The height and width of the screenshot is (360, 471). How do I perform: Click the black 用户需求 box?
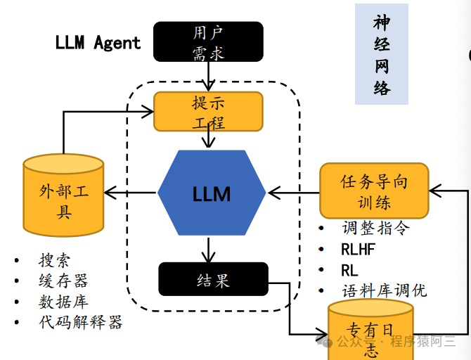pos(208,41)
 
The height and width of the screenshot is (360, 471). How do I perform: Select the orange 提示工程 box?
pos(208,111)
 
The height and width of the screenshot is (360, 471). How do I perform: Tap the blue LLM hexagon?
pos(212,193)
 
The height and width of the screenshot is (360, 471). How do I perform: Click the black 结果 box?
pos(213,279)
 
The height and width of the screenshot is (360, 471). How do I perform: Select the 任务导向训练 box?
pos(374,191)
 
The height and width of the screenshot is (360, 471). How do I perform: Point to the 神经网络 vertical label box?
pos(382,55)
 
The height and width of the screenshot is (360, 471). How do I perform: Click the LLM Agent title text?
pos(98,42)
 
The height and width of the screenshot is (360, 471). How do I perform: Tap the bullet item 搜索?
pos(55,261)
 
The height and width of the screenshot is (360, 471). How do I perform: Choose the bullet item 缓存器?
pos(63,281)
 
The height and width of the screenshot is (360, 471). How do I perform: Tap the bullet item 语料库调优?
pos(384,290)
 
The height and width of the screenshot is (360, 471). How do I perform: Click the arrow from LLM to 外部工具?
pos(131,193)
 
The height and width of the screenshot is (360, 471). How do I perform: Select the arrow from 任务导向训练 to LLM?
pos(293,191)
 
